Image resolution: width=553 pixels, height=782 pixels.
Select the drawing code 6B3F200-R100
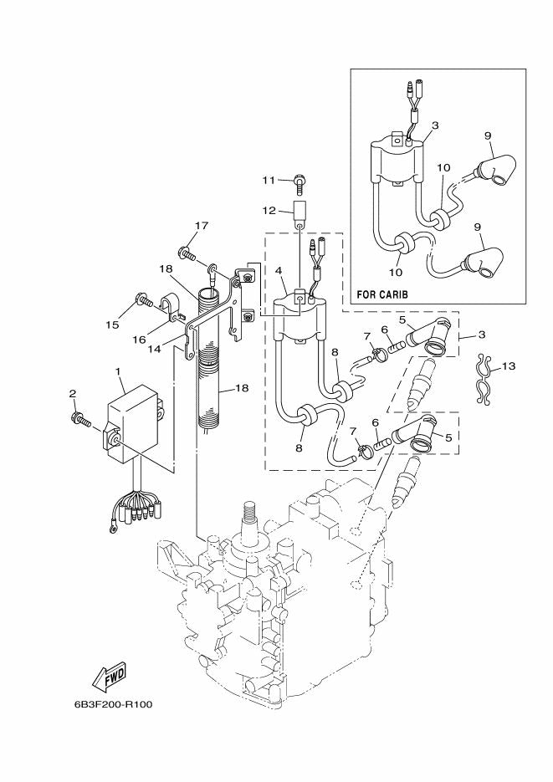tap(113, 705)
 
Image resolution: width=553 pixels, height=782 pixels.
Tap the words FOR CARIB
tap(382, 294)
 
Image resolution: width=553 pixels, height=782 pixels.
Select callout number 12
tap(269, 211)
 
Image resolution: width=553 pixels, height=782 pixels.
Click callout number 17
tap(201, 226)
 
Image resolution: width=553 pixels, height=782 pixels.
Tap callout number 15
tap(113, 325)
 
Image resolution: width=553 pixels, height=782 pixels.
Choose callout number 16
tap(139, 340)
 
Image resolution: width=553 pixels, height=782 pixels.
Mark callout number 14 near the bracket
tap(155, 349)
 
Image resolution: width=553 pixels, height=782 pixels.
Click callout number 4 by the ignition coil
tap(279, 271)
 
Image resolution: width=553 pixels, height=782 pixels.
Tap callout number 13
tap(509, 366)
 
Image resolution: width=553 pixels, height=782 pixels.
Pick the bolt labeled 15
tap(144, 300)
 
